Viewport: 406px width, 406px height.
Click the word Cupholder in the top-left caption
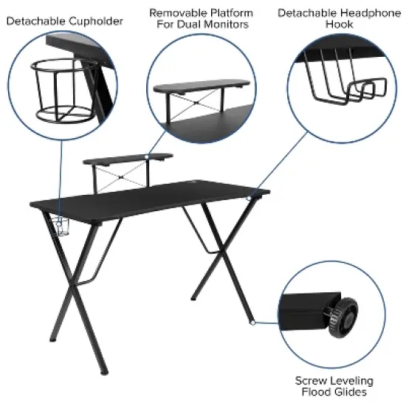pos(97,21)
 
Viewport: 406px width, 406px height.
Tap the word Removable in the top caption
pos(176,13)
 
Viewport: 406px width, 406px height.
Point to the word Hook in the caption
pos(340,24)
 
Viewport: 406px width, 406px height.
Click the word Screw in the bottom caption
pos(310,381)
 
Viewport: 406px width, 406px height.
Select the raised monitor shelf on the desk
pos(128,157)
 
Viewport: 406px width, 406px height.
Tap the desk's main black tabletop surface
pos(148,199)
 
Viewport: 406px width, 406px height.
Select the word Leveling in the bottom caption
pos(350,381)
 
